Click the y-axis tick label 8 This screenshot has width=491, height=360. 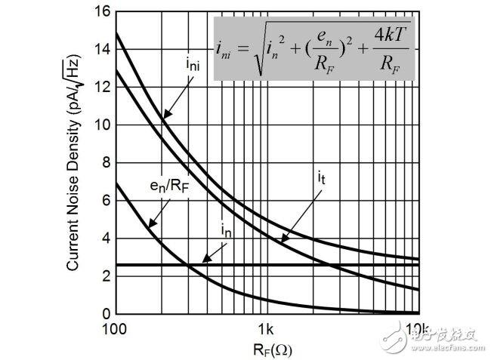[x=106, y=163]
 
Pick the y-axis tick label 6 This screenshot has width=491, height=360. [x=106, y=201]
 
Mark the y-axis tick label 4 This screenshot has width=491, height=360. [x=106, y=238]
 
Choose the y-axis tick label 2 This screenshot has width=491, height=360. [x=106, y=276]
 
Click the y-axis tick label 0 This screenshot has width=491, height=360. [x=106, y=314]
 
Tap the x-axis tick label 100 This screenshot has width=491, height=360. [x=116, y=330]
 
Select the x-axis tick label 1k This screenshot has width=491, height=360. [x=265, y=330]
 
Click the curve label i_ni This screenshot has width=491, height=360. [x=192, y=66]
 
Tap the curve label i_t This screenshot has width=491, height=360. [x=322, y=180]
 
